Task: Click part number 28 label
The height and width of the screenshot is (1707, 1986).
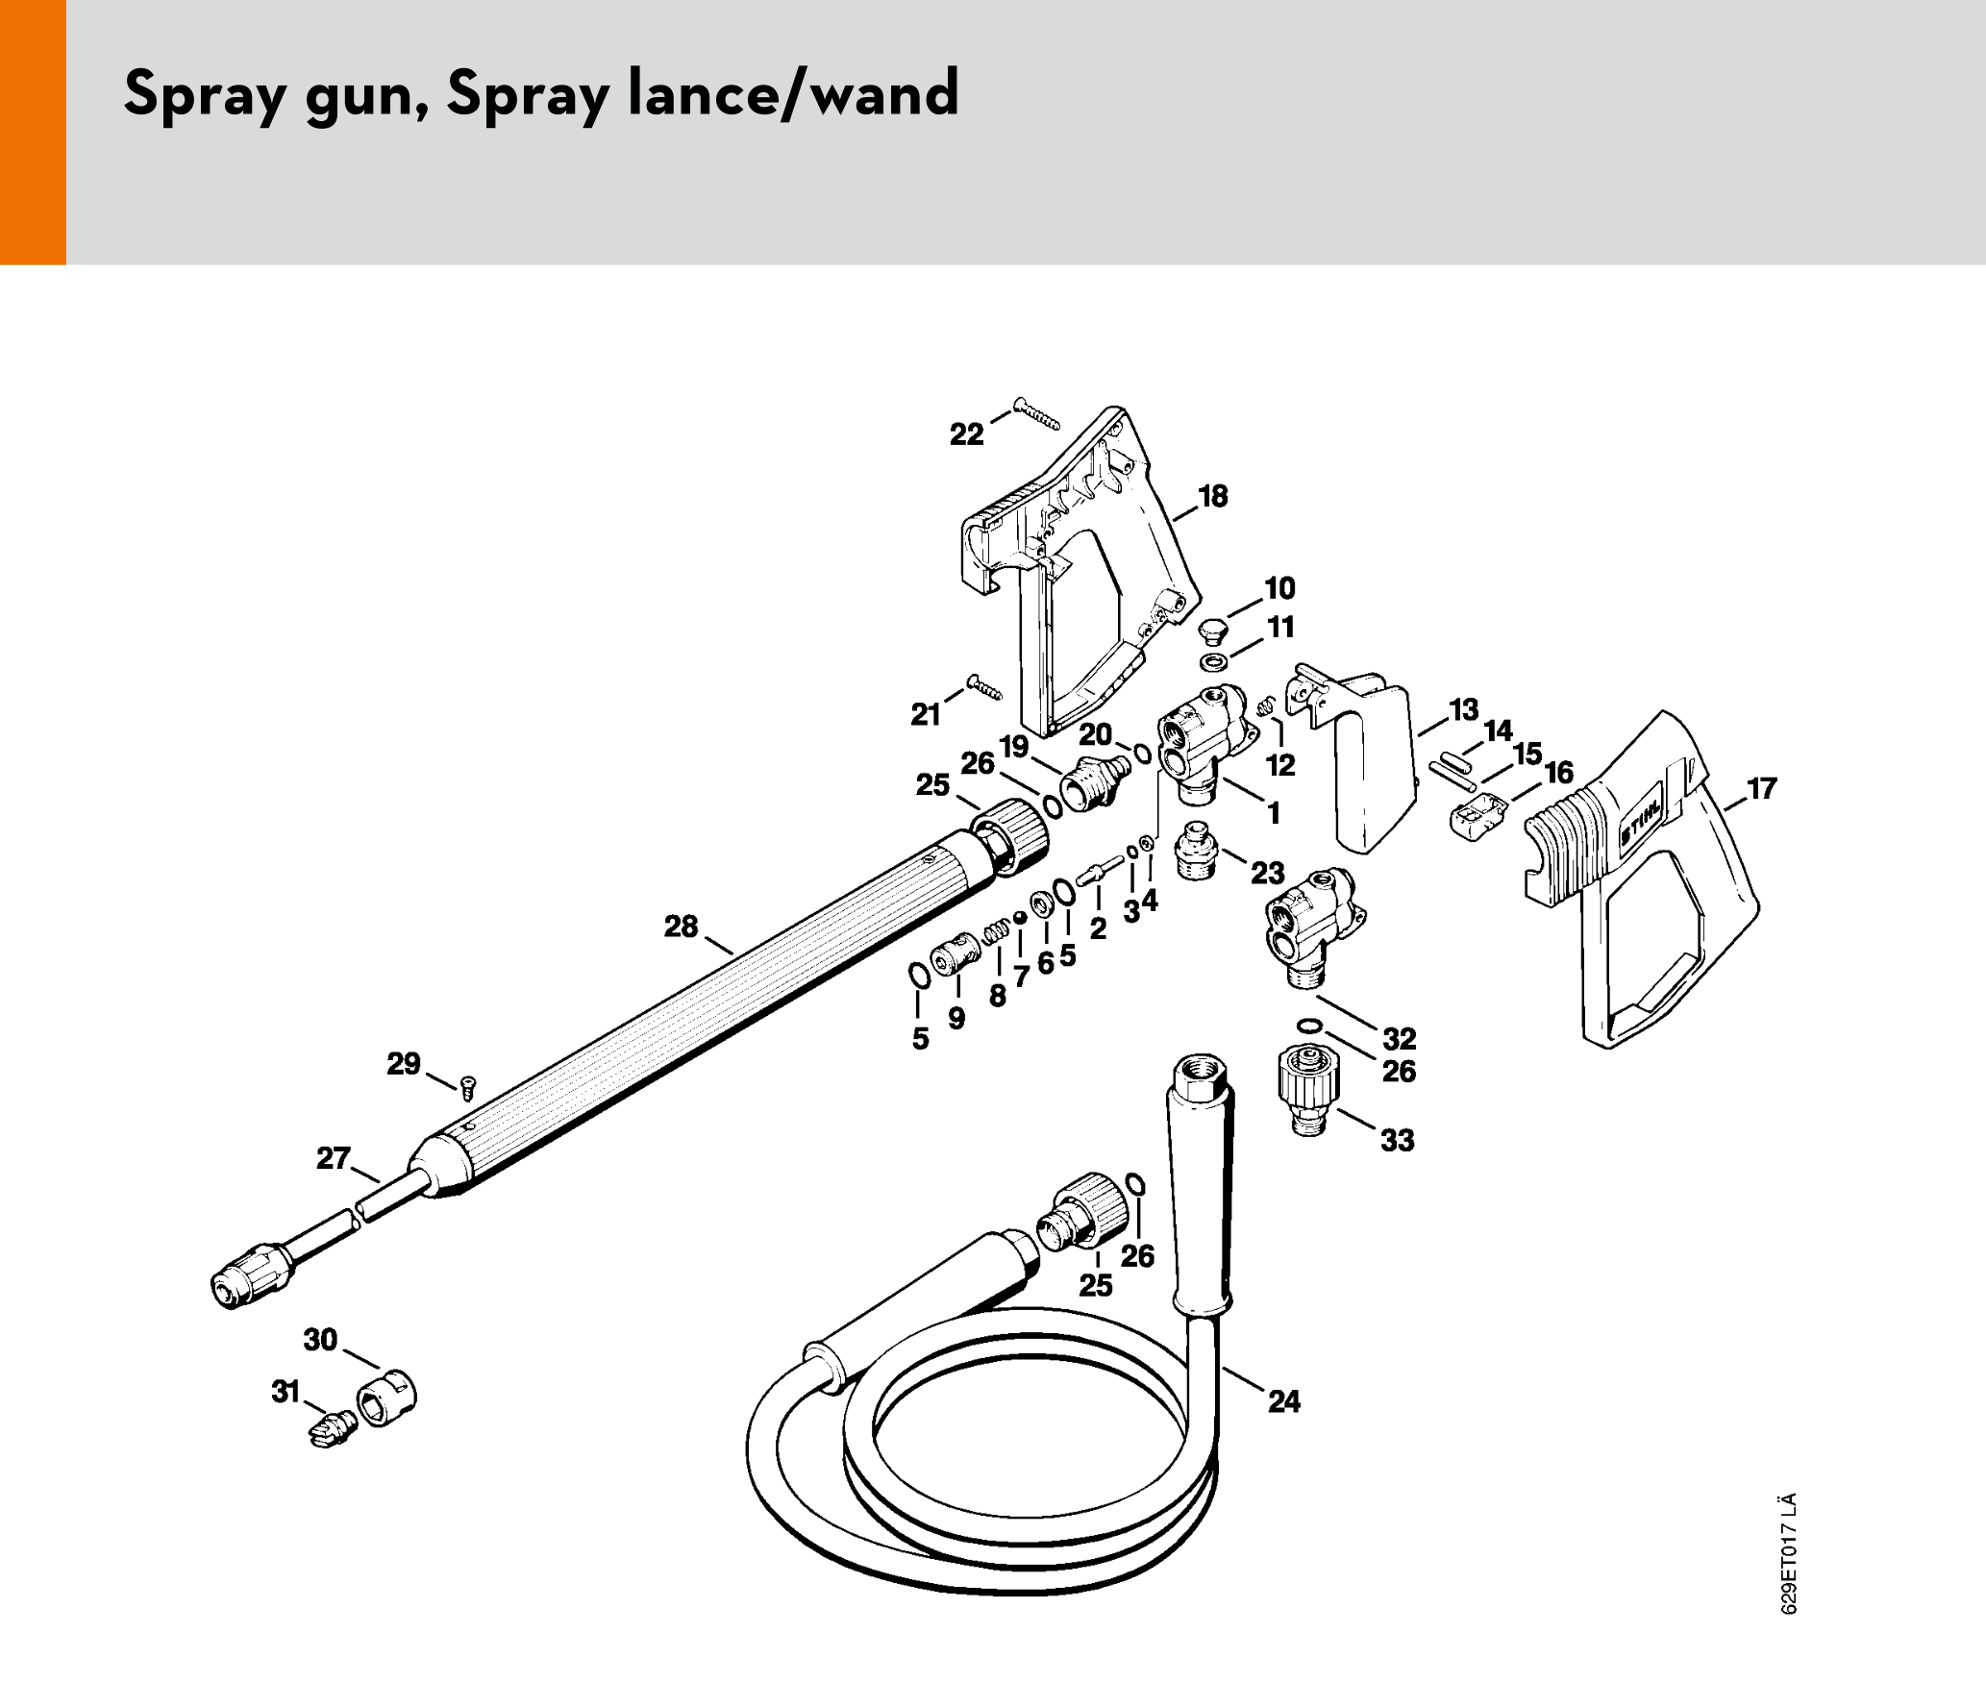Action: coord(681,927)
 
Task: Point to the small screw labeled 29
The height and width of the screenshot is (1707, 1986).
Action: coord(468,1088)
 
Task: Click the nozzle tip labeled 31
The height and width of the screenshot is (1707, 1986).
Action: coord(333,1427)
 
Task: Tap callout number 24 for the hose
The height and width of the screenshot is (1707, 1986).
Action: coord(1283,1401)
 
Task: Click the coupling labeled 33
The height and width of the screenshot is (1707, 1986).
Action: coord(1307,1090)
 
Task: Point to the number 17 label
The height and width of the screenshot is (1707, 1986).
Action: coord(1761,788)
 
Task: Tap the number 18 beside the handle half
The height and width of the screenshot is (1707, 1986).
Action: coord(1212,496)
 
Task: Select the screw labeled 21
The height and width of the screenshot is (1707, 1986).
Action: coord(984,687)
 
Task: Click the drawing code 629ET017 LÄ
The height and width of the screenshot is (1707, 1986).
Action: coord(1788,1553)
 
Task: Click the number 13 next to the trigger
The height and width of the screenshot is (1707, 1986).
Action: coord(1463,710)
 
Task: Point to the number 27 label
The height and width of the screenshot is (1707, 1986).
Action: coord(333,1157)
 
